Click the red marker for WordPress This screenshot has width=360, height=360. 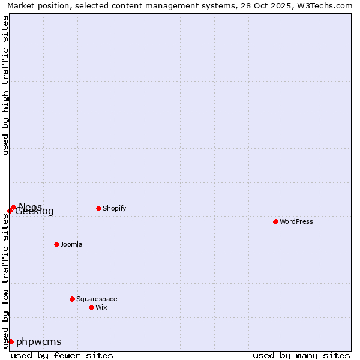(x=275, y=221)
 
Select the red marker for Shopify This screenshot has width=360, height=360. (x=98, y=208)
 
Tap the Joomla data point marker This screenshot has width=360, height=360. (x=56, y=244)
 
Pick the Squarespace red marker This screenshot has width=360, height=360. (x=72, y=299)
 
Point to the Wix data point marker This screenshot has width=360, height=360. (x=91, y=307)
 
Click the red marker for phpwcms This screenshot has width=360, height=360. (x=11, y=341)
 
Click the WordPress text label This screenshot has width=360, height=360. (x=296, y=221)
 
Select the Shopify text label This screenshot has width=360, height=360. (x=115, y=208)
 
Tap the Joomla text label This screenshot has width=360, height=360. (x=71, y=244)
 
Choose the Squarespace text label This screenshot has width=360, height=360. (x=97, y=299)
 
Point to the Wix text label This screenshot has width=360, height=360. (x=101, y=307)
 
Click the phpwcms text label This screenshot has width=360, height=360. (x=39, y=342)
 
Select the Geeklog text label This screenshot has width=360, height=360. (x=35, y=211)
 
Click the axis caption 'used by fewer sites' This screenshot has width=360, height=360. (x=62, y=355)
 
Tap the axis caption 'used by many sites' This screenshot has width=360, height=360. (x=301, y=355)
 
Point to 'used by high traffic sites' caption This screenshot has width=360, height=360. (x=5, y=85)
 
